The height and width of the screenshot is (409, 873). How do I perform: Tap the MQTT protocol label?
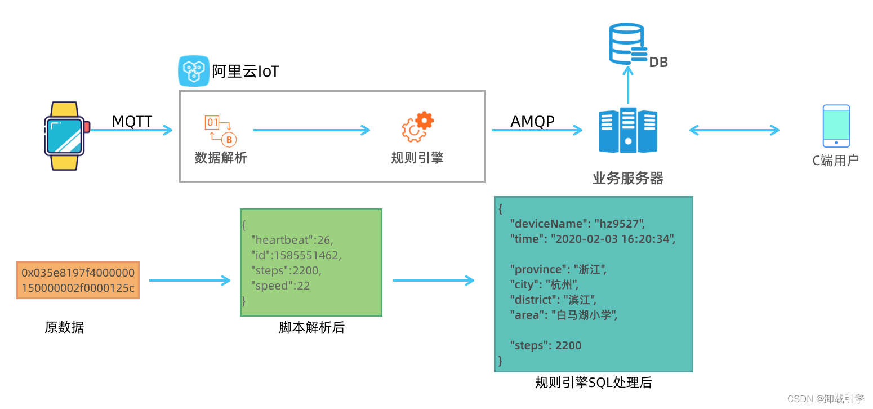pyautogui.click(x=132, y=121)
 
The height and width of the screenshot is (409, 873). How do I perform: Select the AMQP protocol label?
pyautogui.click(x=532, y=121)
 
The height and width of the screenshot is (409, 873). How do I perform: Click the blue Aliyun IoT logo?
pyautogui.click(x=194, y=71)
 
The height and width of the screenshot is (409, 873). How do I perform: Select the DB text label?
pyautogui.click(x=658, y=63)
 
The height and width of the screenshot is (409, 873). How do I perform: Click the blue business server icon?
pyautogui.click(x=628, y=130)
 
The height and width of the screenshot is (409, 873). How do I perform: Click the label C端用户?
pyautogui.click(x=835, y=161)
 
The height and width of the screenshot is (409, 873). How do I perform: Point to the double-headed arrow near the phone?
pyautogui.click(x=734, y=130)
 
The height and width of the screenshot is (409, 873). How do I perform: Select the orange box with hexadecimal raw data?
pyautogui.click(x=78, y=280)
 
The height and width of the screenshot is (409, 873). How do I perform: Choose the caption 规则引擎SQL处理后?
pyautogui.click(x=593, y=383)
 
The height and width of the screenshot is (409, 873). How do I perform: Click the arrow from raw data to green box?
pyautogui.click(x=190, y=281)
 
